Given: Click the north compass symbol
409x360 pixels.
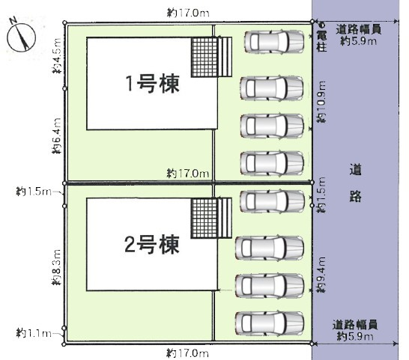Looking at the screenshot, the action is click(21, 36).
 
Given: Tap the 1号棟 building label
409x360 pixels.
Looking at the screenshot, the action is click(153, 84).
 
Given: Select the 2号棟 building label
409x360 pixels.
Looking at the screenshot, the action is click(152, 244).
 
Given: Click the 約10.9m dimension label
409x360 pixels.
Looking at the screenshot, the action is click(321, 102).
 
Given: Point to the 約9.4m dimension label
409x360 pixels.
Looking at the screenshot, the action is click(321, 275).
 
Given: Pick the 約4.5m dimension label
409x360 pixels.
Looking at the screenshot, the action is click(57, 56).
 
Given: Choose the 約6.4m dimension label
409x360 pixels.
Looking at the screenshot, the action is click(57, 135).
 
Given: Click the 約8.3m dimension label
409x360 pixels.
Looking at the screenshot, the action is click(57, 267).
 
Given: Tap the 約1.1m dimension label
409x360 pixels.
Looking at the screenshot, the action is click(34, 333).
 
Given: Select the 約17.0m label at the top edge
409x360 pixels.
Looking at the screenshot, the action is click(188, 13).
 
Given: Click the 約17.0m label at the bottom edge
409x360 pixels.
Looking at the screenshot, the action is click(188, 353).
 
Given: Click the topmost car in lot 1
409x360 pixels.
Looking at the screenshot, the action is click(274, 42).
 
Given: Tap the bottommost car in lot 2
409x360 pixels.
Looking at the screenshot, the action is click(270, 323).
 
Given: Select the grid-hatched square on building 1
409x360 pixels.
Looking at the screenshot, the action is click(204, 57).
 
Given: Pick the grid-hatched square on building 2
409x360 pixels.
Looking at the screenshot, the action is click(204, 219).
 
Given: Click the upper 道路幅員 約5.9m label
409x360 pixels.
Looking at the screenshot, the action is click(359, 35).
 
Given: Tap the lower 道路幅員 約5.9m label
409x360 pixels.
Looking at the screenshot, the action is click(355, 331).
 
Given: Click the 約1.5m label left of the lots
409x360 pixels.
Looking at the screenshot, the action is click(34, 192).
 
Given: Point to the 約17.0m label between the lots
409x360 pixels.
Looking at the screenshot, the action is click(188, 173).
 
